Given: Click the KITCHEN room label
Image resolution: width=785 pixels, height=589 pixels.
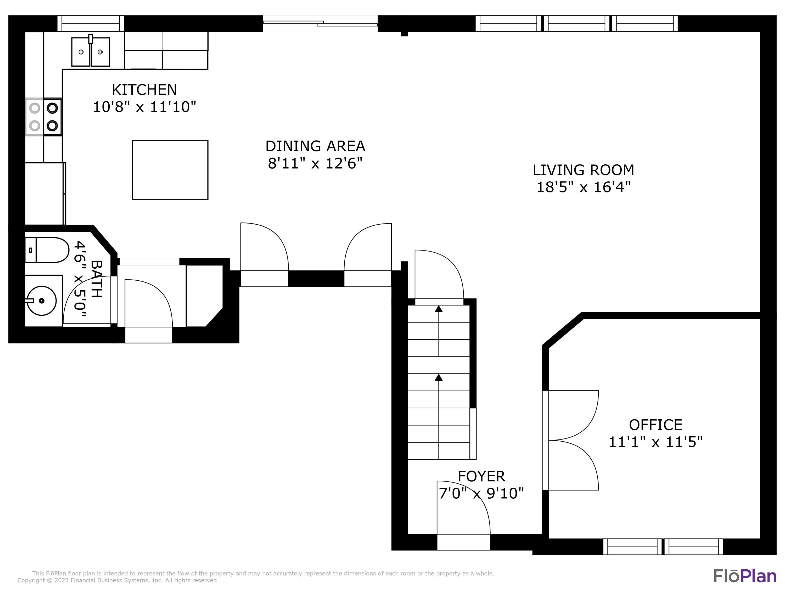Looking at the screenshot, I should (144, 90).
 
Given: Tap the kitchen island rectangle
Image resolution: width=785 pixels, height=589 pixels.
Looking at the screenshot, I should (170, 170).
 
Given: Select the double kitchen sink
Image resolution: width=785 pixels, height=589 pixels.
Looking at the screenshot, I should (91, 52).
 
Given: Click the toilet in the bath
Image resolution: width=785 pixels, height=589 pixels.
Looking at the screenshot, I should (47, 250).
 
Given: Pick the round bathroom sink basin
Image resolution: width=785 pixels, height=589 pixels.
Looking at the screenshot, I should (42, 301).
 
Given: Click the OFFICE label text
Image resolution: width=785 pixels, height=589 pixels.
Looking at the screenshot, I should (655, 425).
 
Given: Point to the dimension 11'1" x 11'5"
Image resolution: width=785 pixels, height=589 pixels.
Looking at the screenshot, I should (655, 442).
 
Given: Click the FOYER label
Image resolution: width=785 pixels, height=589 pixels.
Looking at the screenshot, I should (481, 476).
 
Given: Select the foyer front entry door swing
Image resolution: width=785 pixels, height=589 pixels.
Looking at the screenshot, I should (461, 509).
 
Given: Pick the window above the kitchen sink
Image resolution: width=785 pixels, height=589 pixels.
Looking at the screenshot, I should (91, 24).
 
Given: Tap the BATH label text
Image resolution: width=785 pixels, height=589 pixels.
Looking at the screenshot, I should (97, 279).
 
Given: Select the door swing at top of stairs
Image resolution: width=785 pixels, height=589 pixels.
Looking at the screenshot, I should (439, 275).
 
